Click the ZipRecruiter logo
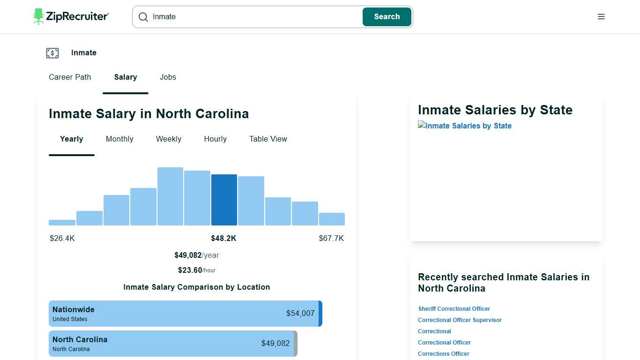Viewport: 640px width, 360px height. (71, 16)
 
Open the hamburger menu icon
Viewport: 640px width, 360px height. (601, 17)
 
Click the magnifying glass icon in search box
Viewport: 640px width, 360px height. (143, 17)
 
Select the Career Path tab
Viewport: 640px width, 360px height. (70, 77)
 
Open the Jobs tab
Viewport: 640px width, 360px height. (168, 77)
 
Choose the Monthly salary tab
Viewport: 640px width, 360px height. (119, 139)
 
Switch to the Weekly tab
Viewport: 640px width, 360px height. (169, 139)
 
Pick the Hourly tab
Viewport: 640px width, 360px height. (215, 139)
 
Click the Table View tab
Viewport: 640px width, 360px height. (268, 139)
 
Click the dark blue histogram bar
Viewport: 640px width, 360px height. (224, 200)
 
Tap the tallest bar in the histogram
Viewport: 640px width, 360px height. (170, 197)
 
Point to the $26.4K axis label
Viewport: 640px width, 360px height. (62, 239)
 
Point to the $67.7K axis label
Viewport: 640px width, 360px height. (331, 239)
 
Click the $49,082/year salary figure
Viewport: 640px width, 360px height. (196, 255)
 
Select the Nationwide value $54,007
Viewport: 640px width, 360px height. (300, 314)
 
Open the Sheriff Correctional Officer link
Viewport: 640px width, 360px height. (454, 309)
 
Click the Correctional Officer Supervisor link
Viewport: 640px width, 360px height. (460, 320)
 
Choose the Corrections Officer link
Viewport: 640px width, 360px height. (443, 354)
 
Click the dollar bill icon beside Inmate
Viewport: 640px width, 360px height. (52, 53)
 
